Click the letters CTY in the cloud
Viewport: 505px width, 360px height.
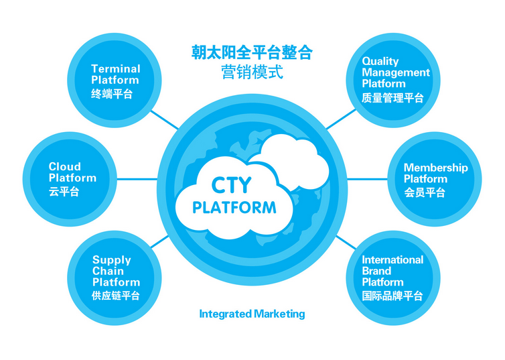(231, 185)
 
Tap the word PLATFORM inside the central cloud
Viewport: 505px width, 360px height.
(234, 208)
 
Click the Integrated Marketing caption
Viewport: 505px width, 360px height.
(252, 314)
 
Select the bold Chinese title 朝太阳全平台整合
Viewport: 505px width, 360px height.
(252, 52)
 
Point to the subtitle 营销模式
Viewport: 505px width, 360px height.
(252, 72)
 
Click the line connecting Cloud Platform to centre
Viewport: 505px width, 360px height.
(137, 179)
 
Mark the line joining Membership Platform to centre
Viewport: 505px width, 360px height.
(367, 179)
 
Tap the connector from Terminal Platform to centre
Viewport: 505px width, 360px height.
(164, 120)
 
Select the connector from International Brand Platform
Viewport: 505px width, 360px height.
(346, 243)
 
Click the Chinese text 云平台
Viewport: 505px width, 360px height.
(64, 192)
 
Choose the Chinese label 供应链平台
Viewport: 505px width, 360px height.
(116, 296)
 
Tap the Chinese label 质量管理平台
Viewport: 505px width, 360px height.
(392, 98)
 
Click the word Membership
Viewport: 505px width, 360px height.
(436, 168)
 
